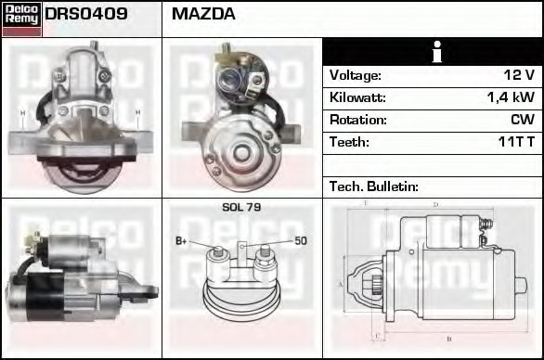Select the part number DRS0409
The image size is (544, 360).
click(x=86, y=15)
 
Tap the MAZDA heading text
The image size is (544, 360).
click(x=203, y=15)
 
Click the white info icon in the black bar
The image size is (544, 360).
click(x=433, y=53)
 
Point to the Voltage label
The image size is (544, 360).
click(x=355, y=75)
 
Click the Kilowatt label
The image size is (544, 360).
click(x=356, y=97)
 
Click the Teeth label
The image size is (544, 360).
click(x=349, y=142)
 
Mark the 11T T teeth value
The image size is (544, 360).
click(x=515, y=142)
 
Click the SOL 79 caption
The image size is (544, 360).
click(x=241, y=207)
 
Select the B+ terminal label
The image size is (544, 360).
click(x=182, y=241)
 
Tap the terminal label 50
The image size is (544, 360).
click(x=301, y=241)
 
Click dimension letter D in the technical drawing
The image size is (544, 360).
click(x=435, y=204)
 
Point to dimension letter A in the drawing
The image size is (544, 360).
click(x=341, y=283)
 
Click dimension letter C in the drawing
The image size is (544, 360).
click(x=375, y=335)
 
